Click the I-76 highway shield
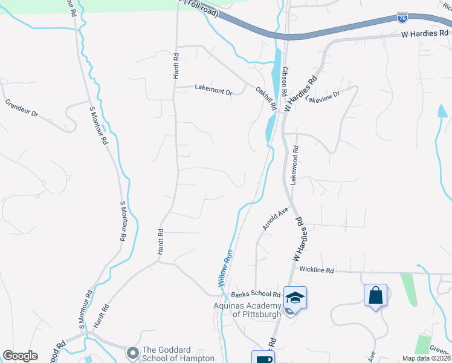pos(402,18)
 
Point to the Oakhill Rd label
pos(266,97)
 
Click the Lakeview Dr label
pos(323,95)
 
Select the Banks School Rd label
pos(256,295)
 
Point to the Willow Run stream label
pos(224,268)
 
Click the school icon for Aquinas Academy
pos(295,298)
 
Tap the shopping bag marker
pos(375,296)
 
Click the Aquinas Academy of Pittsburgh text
pos(248,310)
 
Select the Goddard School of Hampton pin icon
pos(132,352)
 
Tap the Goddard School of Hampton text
pos(178,354)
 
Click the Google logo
pos(21,356)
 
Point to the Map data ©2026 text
pos(426,358)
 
